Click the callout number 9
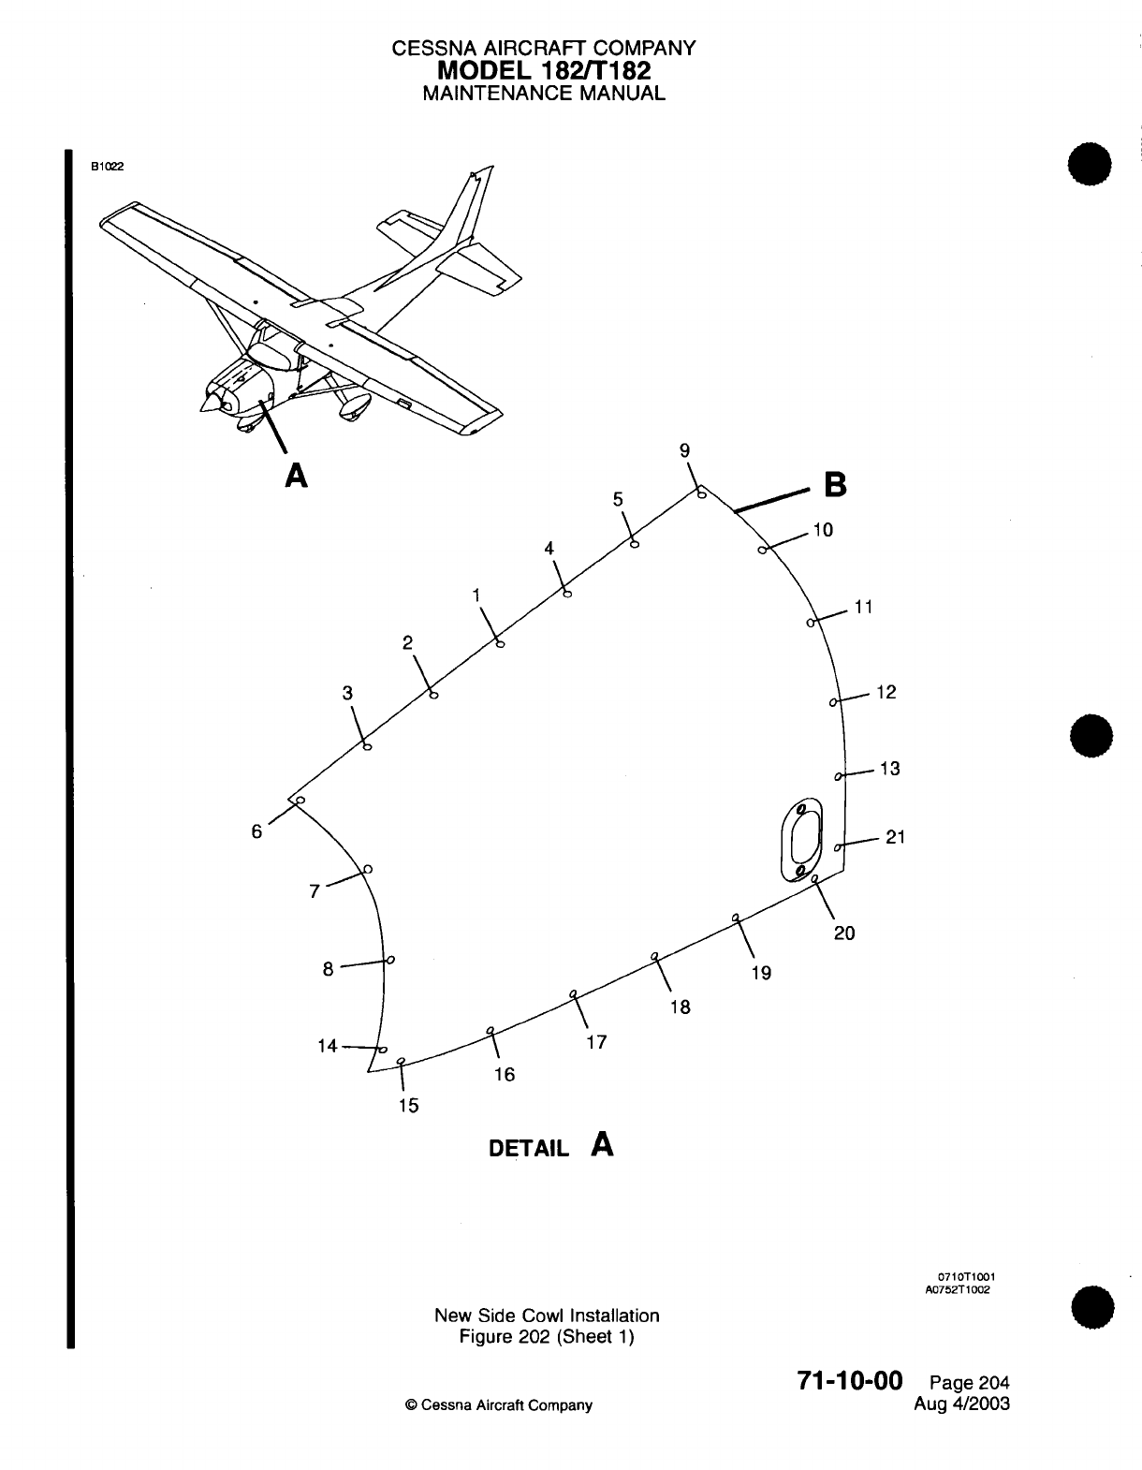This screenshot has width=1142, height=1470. pyautogui.click(x=684, y=450)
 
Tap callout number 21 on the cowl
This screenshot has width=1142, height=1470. pyautogui.click(x=895, y=837)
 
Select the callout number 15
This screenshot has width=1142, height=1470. pyautogui.click(x=408, y=1106)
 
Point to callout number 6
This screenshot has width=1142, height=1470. pyautogui.click(x=256, y=831)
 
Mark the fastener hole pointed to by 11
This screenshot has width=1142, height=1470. pyautogui.click(x=811, y=622)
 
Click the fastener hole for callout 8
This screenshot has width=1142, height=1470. pyautogui.click(x=390, y=960)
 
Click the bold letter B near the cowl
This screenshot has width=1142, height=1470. pyautogui.click(x=834, y=486)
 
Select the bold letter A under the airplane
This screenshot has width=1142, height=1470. pyautogui.click(x=296, y=477)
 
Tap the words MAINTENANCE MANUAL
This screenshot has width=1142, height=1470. pyautogui.click(x=543, y=94)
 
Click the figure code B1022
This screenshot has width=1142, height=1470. pyautogui.click(x=107, y=167)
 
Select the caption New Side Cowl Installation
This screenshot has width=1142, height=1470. pyautogui.click(x=547, y=1316)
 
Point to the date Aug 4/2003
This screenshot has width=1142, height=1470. pyautogui.click(x=966, y=1404)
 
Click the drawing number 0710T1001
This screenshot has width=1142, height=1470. pyautogui.click(x=966, y=1276)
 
